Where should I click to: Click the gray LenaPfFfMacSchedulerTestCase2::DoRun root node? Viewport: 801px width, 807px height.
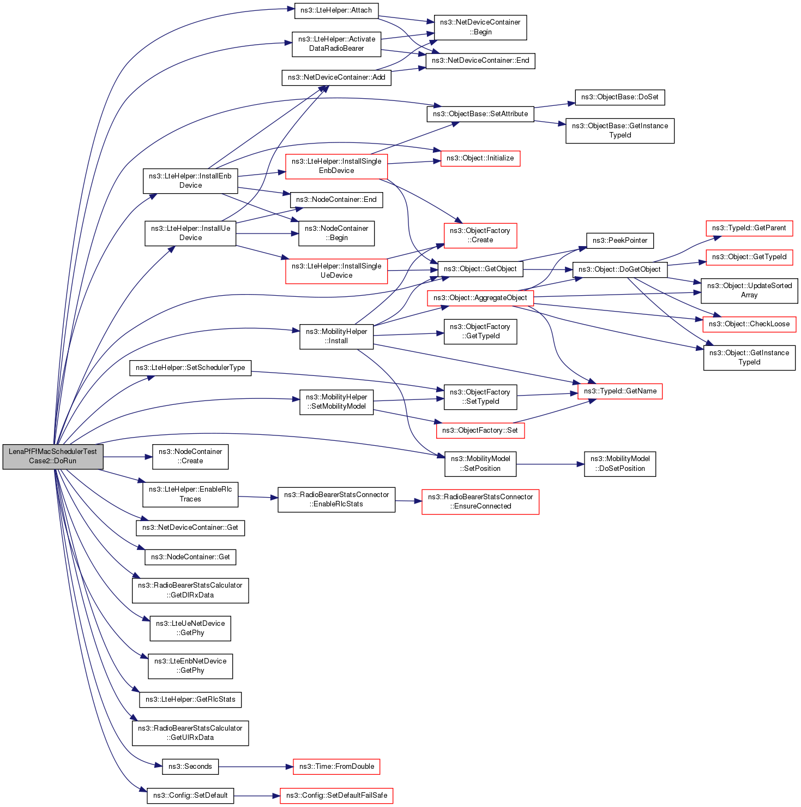pos(53,456)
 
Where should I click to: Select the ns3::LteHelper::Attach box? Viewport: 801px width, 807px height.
pos(336,10)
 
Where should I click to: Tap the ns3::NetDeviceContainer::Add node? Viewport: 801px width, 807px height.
pos(336,77)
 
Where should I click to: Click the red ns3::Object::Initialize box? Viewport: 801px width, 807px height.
pos(480,158)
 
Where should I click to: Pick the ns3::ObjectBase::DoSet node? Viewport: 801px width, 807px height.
pos(619,97)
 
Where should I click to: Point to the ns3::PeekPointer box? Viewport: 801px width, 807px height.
pos(619,241)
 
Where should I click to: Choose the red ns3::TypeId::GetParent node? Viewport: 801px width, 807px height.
pos(749,228)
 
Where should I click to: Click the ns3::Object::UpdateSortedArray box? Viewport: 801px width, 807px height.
pos(749,290)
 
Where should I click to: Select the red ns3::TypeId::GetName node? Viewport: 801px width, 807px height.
pos(619,391)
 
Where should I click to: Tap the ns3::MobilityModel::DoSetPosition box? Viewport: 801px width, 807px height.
pos(619,464)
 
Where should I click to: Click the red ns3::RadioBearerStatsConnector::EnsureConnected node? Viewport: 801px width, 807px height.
pos(480,501)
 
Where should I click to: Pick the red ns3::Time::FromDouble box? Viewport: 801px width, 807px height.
pos(336,767)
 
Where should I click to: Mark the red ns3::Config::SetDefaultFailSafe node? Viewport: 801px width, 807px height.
pos(336,796)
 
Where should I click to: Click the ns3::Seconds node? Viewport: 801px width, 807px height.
pos(190,767)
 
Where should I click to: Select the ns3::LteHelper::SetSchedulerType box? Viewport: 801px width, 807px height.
pos(190,368)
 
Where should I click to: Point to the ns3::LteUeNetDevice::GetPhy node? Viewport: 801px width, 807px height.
pos(190,628)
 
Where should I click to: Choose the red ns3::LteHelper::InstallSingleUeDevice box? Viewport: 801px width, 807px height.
pos(336,271)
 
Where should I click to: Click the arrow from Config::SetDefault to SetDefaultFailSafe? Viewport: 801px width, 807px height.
pos(256,796)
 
